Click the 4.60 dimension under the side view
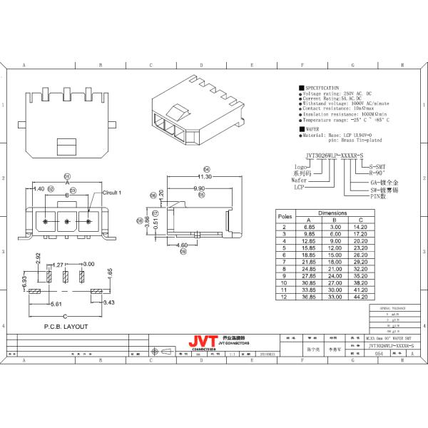pos(182,245)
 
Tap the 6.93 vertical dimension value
pos(24,285)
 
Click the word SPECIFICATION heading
pos(322,87)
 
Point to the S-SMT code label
pos(377,166)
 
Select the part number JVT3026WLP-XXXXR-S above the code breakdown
pos(334,154)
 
